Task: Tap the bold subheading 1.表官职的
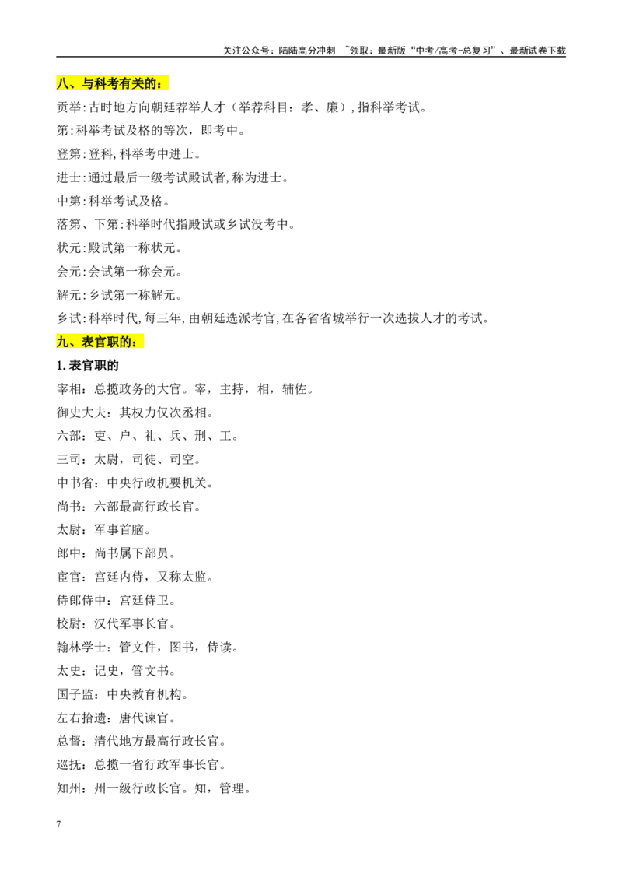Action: tap(88, 366)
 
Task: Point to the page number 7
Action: tap(58, 824)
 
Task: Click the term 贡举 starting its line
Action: tap(69, 107)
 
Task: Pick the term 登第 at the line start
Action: tap(69, 154)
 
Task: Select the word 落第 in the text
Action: tap(69, 225)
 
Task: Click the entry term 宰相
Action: tap(69, 389)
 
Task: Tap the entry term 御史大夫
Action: tap(82, 413)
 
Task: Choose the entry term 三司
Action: tap(69, 460)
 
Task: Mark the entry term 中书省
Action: tap(75, 483)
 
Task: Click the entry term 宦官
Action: tap(69, 577)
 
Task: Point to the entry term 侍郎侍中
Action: tap(82, 601)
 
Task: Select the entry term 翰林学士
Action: tap(82, 648)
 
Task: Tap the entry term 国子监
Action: tap(75, 694)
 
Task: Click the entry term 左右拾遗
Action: tap(82, 718)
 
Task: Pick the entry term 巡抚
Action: tap(69, 765)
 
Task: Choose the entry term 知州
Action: tap(69, 788)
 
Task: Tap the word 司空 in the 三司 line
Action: tap(182, 460)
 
